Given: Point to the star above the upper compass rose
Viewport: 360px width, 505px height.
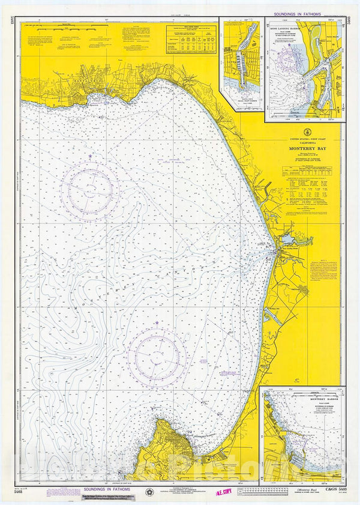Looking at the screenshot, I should click(90, 157).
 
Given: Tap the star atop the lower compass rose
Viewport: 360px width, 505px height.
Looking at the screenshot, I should click(157, 323).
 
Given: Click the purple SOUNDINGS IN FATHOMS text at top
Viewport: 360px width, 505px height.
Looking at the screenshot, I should click(296, 13).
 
